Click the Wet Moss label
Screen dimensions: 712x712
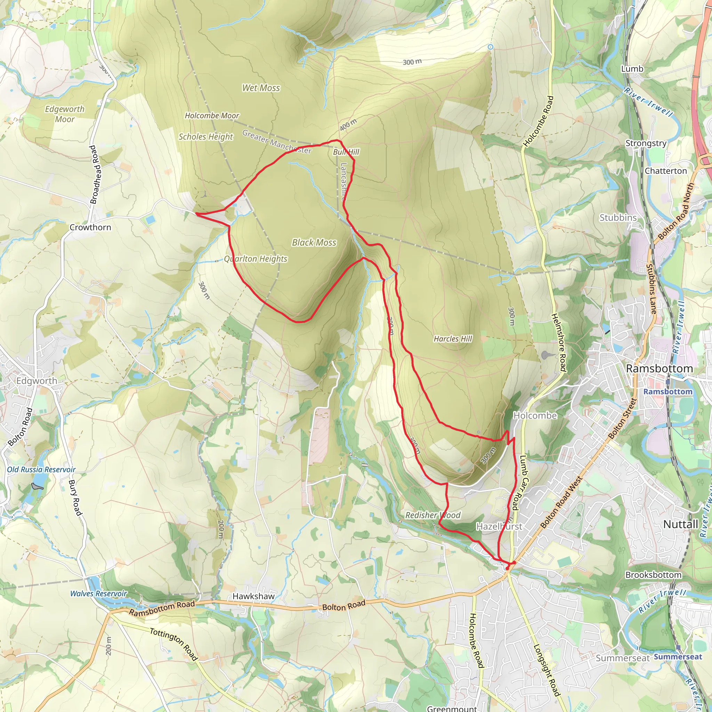(261, 88)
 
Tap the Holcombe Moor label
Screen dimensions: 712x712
(212, 116)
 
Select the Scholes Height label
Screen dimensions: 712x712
(206, 137)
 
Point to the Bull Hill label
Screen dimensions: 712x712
(346, 152)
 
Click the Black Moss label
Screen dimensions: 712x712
(314, 243)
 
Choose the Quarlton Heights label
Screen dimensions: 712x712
(256, 259)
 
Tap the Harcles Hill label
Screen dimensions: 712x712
(453, 339)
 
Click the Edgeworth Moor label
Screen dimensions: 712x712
(65, 114)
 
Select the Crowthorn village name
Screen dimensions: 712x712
(90, 227)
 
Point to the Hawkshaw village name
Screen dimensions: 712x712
(253, 596)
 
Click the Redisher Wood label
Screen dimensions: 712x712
(433, 515)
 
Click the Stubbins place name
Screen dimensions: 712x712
(618, 218)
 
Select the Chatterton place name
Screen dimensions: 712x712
(666, 171)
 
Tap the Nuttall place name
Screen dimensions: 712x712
(681, 524)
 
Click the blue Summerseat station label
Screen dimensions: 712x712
(678, 657)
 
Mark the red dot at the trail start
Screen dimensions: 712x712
(508, 568)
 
